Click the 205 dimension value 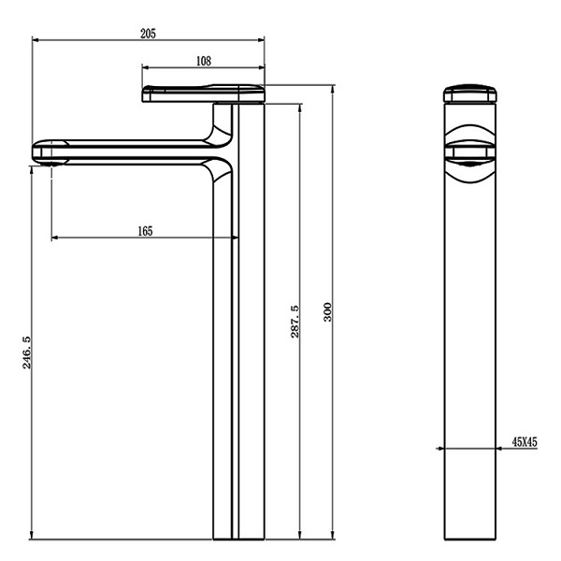[x=148, y=34]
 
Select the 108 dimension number [x=204, y=61]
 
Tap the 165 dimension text [x=145, y=231]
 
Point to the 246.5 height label [x=27, y=352]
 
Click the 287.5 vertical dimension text [x=295, y=322]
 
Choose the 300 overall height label [x=328, y=312]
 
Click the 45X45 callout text [x=525, y=442]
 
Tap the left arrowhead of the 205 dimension [x=36, y=39]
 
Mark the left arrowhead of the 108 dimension [x=146, y=67]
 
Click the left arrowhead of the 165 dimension [x=55, y=237]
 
